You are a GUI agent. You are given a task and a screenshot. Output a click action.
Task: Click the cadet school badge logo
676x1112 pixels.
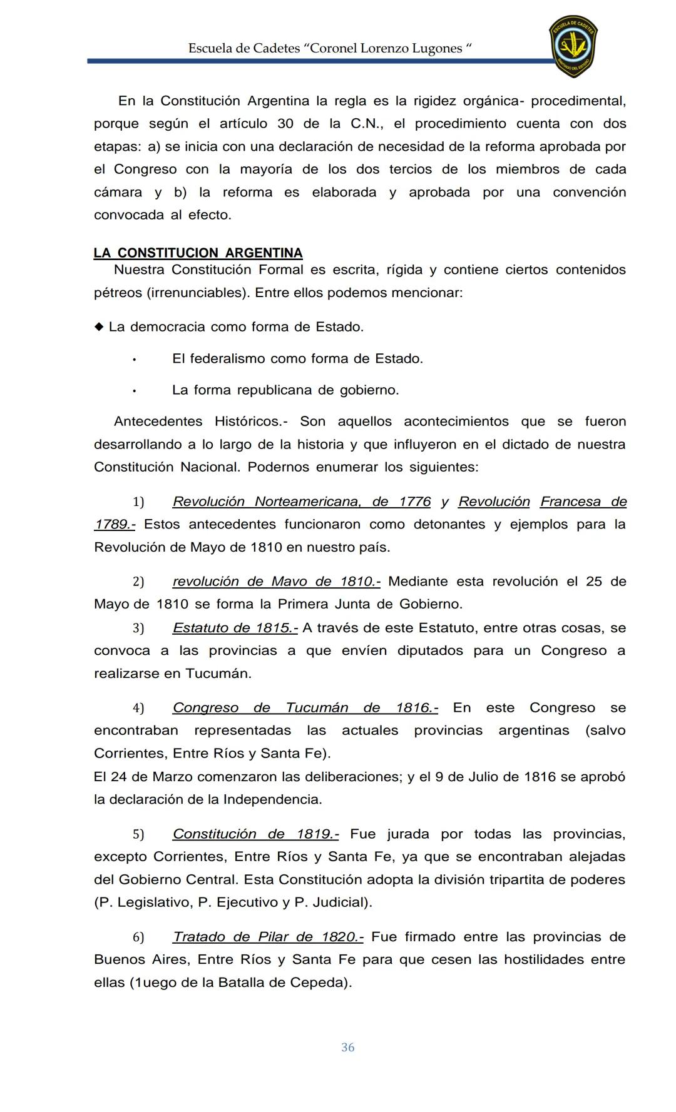[x=573, y=46]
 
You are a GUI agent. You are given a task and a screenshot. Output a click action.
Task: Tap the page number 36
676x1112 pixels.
[x=348, y=1047]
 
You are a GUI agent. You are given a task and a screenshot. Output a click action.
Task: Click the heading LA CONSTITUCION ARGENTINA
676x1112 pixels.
[x=198, y=253]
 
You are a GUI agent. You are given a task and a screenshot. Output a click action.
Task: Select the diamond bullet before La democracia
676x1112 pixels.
[x=99, y=326]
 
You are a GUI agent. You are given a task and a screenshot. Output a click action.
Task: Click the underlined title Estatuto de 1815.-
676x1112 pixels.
[x=235, y=628]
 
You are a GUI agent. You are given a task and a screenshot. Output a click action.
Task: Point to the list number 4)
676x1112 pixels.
[x=138, y=708]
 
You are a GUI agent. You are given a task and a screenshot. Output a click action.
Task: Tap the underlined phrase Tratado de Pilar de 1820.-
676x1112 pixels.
[x=268, y=937]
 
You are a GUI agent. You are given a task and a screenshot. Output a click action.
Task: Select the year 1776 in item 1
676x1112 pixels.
[x=414, y=502]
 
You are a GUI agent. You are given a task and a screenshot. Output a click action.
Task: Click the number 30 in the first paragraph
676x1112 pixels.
[x=285, y=124]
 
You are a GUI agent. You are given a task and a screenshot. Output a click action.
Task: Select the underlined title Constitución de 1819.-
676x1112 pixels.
[x=255, y=834]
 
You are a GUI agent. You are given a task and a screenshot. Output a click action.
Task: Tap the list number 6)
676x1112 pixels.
[x=138, y=937]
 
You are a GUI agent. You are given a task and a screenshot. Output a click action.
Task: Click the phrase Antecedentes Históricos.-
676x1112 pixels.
[x=200, y=422]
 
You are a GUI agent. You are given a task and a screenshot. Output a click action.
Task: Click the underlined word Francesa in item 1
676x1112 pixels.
[x=570, y=502]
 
